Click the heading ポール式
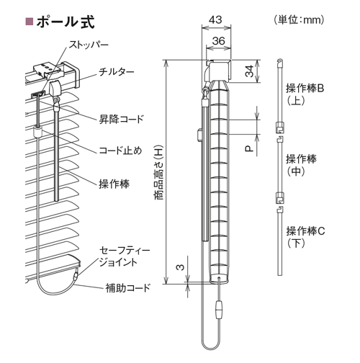point(66,22)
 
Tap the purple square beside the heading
point(29,22)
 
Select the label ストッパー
point(89,45)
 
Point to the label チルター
point(117,72)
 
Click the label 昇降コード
point(121,119)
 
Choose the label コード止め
point(120,151)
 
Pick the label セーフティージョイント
point(125,256)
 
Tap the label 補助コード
point(128,287)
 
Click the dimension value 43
point(215,19)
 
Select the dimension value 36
point(218,41)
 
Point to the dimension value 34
point(250,71)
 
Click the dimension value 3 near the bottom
point(181,267)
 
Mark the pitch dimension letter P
point(249,149)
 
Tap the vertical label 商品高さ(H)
point(158,172)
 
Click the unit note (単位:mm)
point(299,20)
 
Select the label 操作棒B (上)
point(305,94)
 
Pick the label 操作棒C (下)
point(305,237)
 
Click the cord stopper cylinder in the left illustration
point(37,132)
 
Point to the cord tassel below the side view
point(219,310)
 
